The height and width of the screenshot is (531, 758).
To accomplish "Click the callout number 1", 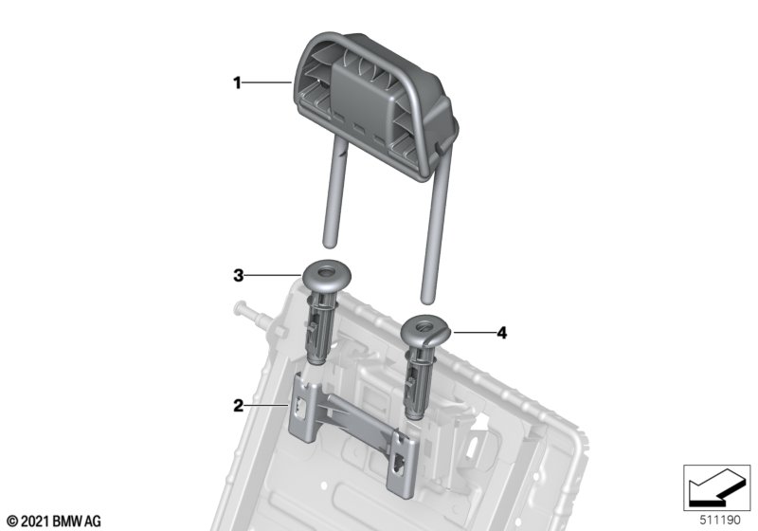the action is pyautogui.click(x=237, y=83).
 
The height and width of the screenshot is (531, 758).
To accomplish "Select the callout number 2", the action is pyautogui.click(x=239, y=405).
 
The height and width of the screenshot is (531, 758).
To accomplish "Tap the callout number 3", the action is pyautogui.click(x=239, y=276).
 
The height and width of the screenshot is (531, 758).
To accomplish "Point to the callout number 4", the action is pyautogui.click(x=502, y=333).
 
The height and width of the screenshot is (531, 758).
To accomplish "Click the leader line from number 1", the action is pyautogui.click(x=266, y=83).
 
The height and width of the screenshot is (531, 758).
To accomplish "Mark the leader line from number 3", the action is pyautogui.click(x=273, y=276).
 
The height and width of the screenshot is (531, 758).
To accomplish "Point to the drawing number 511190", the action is pyautogui.click(x=720, y=521).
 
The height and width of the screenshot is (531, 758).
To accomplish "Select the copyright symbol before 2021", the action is pyautogui.click(x=13, y=522).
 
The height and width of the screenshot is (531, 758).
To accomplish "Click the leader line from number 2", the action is pyautogui.click(x=266, y=405).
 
